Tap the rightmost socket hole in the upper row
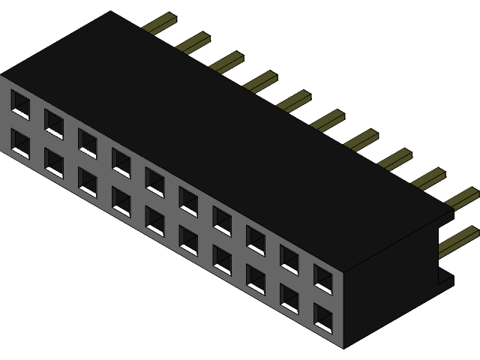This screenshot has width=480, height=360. click(323, 277)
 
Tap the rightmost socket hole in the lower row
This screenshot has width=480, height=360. click(323, 318)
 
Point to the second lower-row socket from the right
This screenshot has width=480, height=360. click(289, 298)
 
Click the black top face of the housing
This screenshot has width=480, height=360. click(225, 135)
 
